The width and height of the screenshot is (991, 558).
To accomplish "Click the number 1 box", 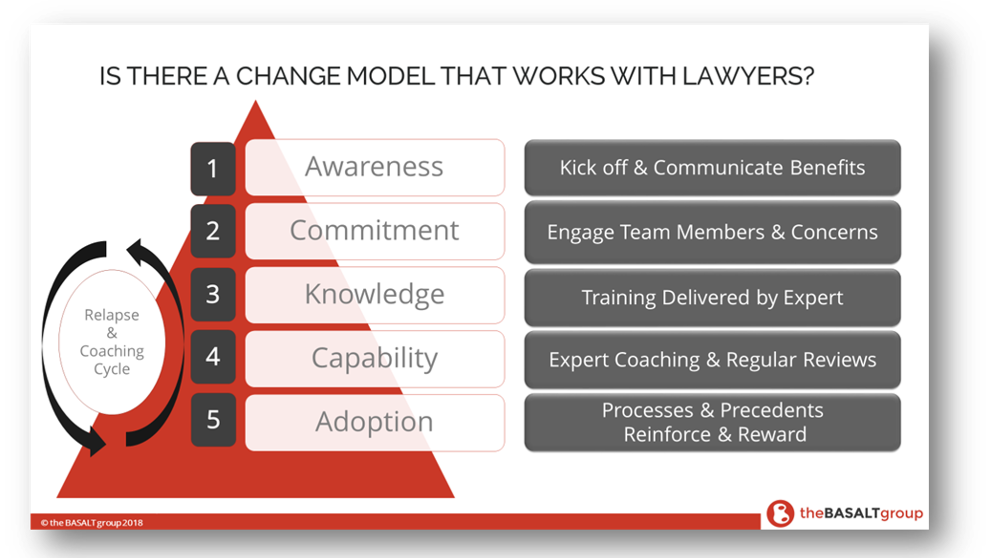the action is click(213, 168).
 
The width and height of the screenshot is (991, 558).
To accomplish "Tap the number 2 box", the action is click(213, 231).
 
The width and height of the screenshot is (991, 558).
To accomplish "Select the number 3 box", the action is click(213, 294).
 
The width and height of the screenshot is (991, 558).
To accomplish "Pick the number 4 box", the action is click(213, 357).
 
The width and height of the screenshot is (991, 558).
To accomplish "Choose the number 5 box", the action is click(213, 420).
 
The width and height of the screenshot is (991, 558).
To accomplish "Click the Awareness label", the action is click(375, 167).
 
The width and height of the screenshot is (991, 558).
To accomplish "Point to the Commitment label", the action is click(375, 231).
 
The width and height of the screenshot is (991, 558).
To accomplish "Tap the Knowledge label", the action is click(375, 295).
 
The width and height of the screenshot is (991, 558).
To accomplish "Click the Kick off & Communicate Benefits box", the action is click(712, 168).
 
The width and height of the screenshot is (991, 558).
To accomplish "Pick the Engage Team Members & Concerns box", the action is click(712, 232).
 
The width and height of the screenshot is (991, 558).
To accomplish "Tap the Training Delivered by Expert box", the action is click(712, 298).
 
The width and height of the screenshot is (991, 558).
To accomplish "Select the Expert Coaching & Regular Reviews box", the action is click(712, 360).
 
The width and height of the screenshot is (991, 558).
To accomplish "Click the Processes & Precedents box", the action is click(712, 423).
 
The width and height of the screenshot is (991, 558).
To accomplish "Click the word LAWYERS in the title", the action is click(747, 76).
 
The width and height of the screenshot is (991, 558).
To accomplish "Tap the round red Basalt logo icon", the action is click(780, 513).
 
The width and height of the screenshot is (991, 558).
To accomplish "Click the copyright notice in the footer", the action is click(92, 523).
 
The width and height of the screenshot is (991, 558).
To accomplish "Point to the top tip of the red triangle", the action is click(255, 100).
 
